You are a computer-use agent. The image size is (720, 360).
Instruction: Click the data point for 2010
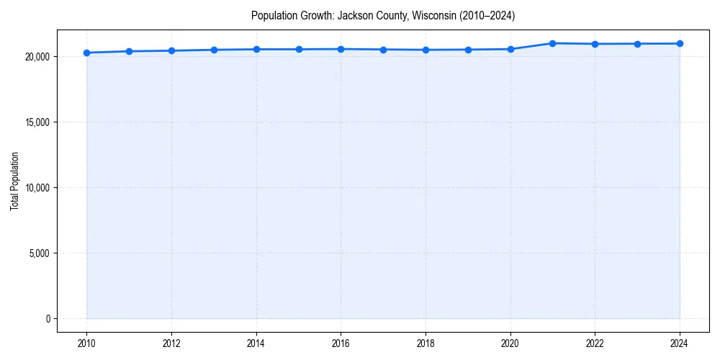point(86,53)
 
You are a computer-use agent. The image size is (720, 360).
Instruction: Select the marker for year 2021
point(552,43)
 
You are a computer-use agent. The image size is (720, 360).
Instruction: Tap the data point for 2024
point(680,43)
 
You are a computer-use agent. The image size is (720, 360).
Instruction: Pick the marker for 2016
point(341,49)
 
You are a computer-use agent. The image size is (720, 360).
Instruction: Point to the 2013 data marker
point(214,50)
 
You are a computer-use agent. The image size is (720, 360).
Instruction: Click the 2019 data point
point(468,50)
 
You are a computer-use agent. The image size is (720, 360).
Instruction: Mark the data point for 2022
point(595,44)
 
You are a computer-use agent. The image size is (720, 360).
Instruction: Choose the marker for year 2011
point(129,51)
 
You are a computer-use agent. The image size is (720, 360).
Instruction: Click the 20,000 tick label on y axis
point(36,56)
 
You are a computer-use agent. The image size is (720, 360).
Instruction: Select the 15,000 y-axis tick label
point(36,122)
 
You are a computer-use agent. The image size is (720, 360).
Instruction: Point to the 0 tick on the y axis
point(48,319)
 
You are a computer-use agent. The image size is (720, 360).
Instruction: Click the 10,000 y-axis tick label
point(36,188)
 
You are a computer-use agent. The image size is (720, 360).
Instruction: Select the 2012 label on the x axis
point(171,343)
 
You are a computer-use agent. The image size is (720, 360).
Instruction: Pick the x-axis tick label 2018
point(426,343)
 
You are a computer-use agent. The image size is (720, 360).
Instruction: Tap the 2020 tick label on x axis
point(510,343)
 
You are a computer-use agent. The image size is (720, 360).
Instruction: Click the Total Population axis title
point(14,181)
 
